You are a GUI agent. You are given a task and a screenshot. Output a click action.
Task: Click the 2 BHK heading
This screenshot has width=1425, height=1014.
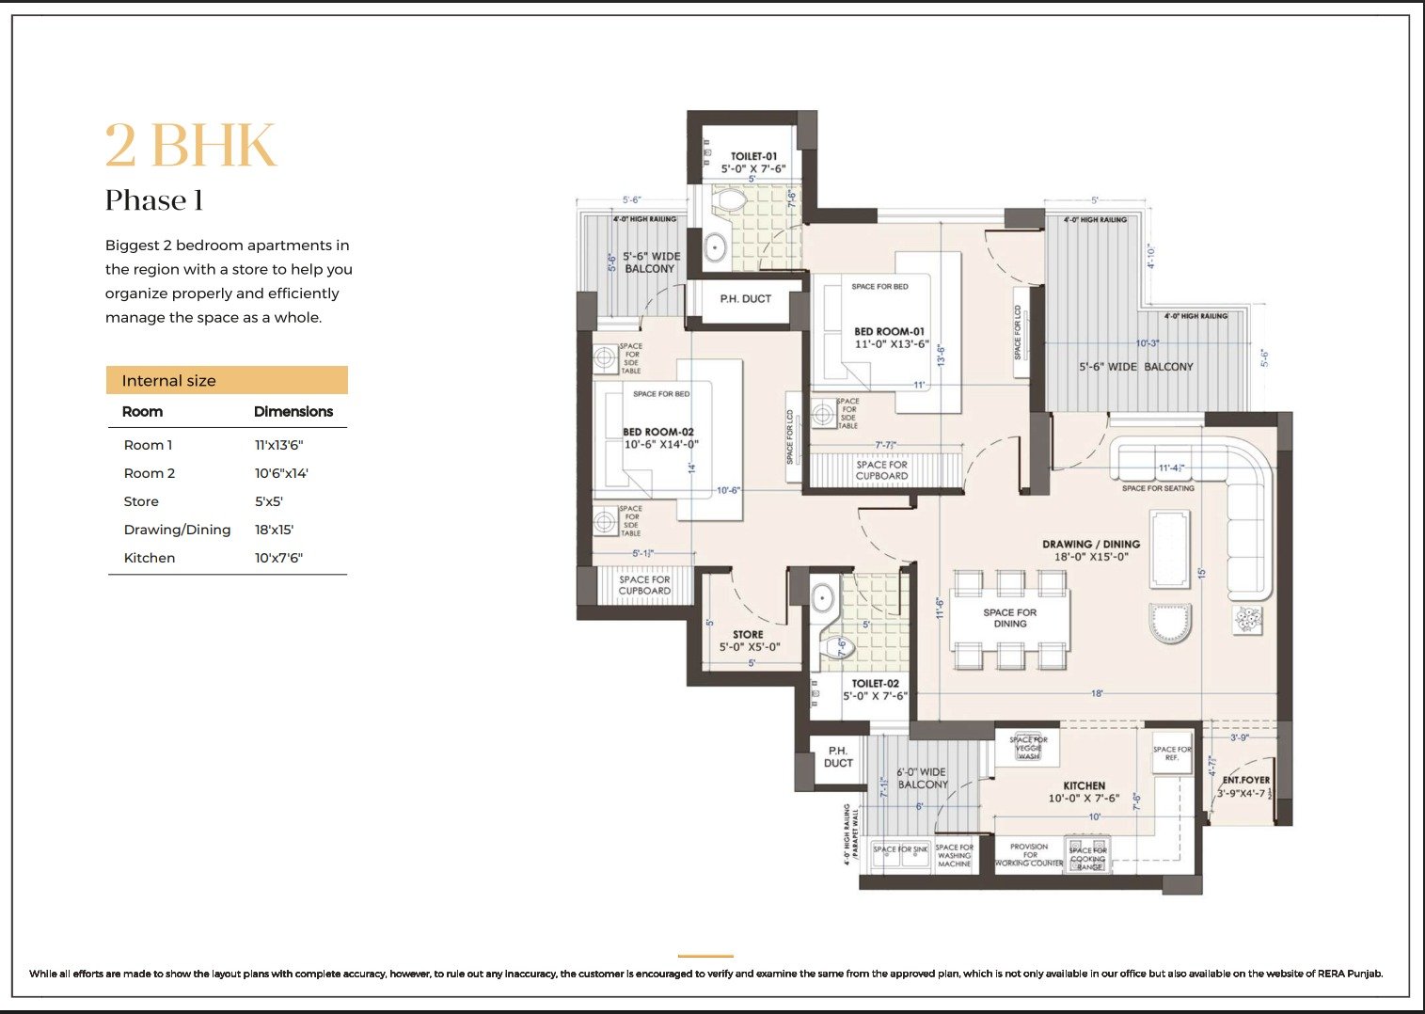tap(191, 146)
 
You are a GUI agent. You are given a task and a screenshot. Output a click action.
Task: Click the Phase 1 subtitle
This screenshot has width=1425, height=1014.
tap(154, 200)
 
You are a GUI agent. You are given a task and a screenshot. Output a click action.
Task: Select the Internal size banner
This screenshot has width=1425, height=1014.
tap(227, 380)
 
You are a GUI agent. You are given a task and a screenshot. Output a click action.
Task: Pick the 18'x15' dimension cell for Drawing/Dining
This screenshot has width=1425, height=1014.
tap(274, 530)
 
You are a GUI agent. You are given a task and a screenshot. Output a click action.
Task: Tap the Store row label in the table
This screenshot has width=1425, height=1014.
tap(141, 501)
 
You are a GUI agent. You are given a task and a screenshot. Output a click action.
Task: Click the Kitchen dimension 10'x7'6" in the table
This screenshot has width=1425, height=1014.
tap(278, 558)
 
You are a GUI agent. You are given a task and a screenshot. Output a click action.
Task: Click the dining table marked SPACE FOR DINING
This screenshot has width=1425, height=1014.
tap(1009, 618)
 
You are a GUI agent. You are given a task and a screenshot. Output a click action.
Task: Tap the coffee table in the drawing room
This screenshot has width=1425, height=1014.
tap(1169, 537)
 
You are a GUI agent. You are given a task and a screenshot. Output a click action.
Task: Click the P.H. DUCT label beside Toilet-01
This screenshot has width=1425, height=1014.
tap(745, 299)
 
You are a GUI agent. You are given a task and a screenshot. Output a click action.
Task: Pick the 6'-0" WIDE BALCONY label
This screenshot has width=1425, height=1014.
tap(922, 778)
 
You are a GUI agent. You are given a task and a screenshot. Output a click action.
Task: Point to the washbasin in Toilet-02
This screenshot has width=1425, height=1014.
tap(823, 598)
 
